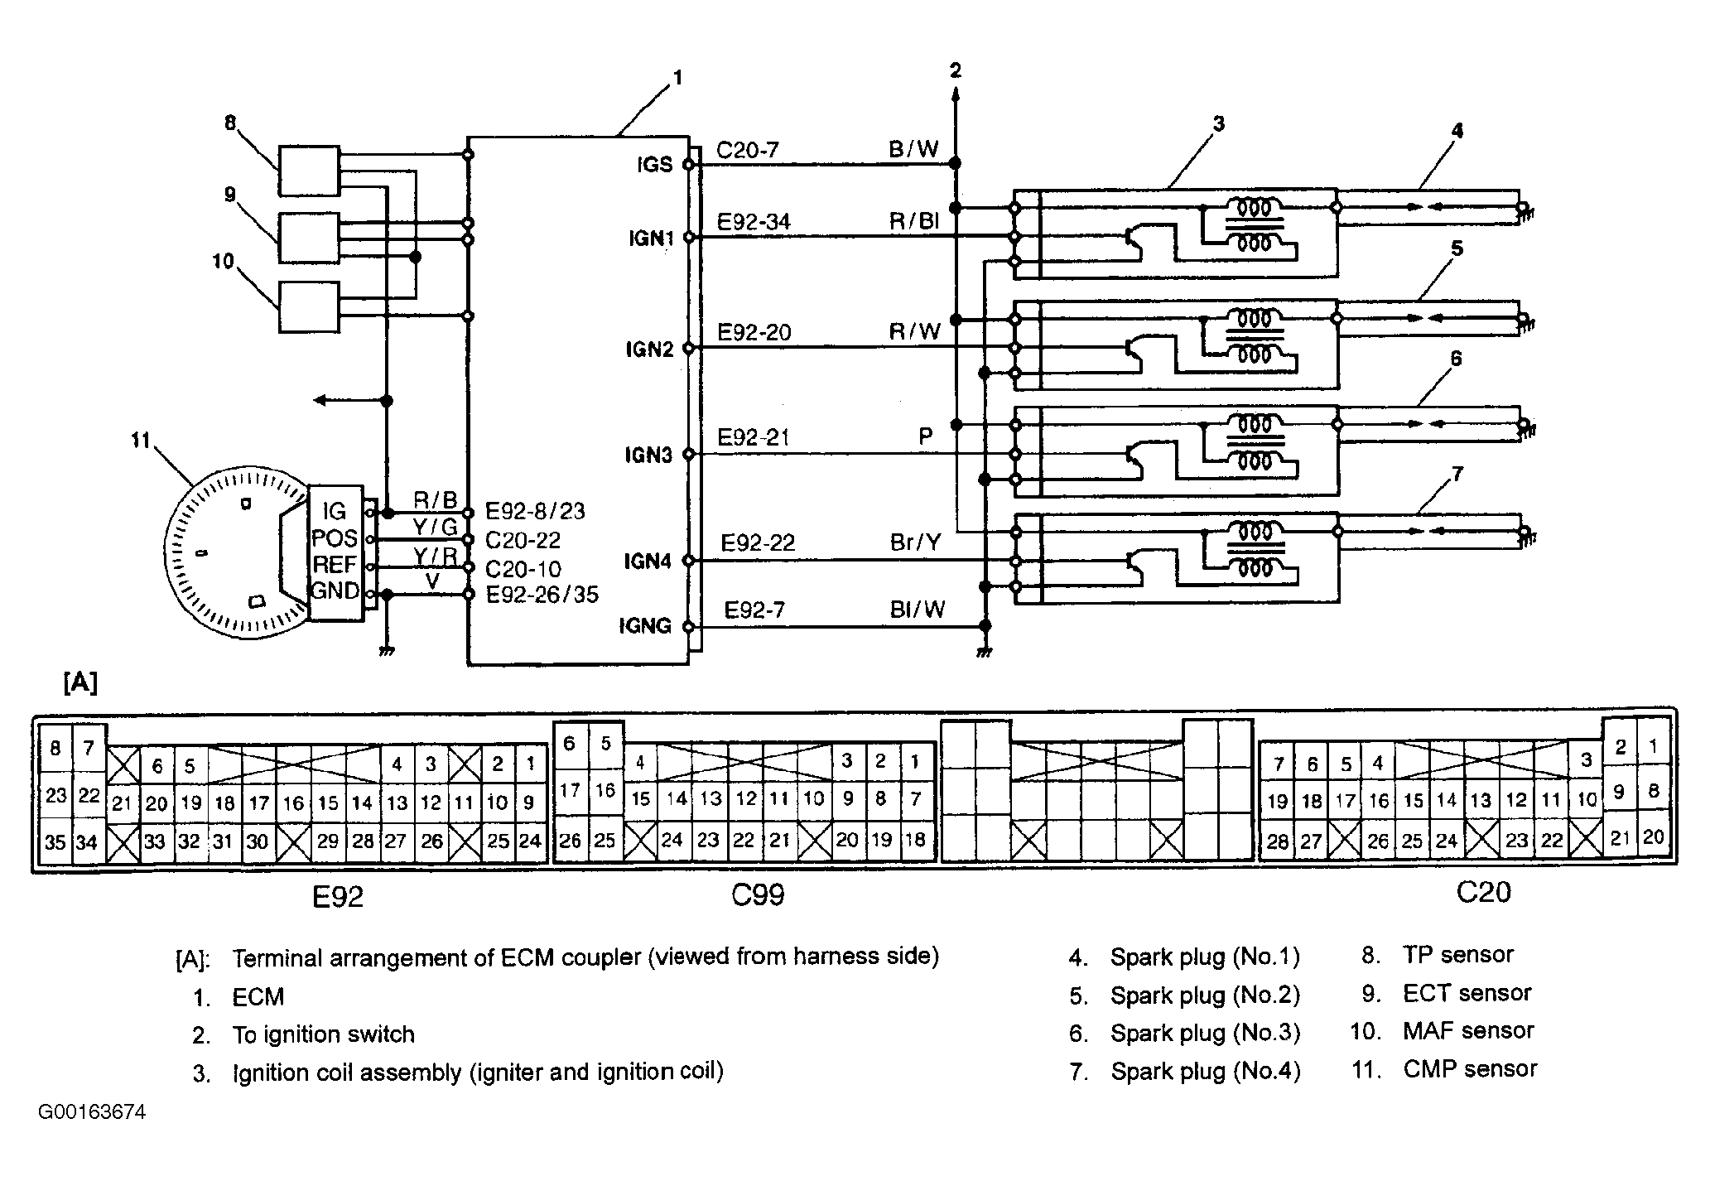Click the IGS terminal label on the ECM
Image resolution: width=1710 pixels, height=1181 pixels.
654,164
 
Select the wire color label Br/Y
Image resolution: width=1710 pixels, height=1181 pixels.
915,542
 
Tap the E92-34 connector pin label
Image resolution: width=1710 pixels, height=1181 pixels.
754,222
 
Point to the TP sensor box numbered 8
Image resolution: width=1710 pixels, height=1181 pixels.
309,171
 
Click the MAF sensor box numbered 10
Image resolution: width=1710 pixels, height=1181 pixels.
309,307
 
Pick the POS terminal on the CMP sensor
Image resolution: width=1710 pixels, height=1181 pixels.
335,538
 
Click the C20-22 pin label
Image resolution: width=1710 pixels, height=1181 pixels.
523,541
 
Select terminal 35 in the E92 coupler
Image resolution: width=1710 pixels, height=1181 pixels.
55,842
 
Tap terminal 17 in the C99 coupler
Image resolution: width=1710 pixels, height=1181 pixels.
570,790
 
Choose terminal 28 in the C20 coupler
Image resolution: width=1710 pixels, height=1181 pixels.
1277,841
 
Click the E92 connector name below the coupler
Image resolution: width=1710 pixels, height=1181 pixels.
338,897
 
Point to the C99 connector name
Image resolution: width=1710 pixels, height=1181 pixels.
759,895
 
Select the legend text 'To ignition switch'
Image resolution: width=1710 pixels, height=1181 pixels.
324,1034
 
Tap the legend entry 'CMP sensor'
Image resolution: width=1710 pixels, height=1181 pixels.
1470,1069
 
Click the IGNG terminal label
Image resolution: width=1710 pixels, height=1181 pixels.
646,625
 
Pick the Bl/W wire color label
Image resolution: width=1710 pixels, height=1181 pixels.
918,610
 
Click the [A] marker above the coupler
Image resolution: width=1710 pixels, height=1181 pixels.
80,683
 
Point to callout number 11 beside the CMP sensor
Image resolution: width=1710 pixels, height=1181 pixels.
140,440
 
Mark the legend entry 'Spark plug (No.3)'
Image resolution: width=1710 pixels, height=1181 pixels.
1205,1034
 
